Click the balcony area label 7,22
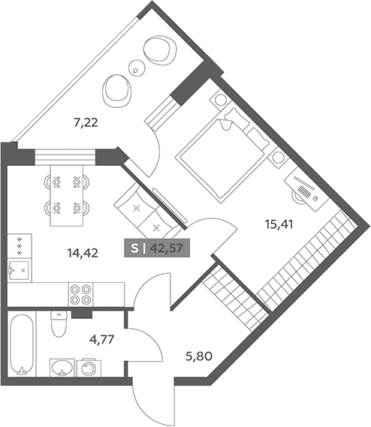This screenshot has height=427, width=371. coord(86,123)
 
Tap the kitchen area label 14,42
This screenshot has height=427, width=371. coord(83,253)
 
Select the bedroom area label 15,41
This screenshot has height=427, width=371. coord(279,224)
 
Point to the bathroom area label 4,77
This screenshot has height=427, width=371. coord(101,340)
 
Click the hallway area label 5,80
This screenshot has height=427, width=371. coord(199,356)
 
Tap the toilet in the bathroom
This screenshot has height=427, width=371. coord(59,323)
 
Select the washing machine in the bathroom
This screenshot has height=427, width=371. coord(89,368)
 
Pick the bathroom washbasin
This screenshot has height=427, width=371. coord(62,368)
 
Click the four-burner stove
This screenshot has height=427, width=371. coord(80,294)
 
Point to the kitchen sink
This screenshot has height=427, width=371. coord(19,270)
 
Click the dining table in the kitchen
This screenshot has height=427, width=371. coord(67,196)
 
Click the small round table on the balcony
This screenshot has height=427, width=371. coord(137,68)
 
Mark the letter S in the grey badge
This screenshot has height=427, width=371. coord(134,248)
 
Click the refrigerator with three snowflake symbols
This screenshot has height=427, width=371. coord(20,246)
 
